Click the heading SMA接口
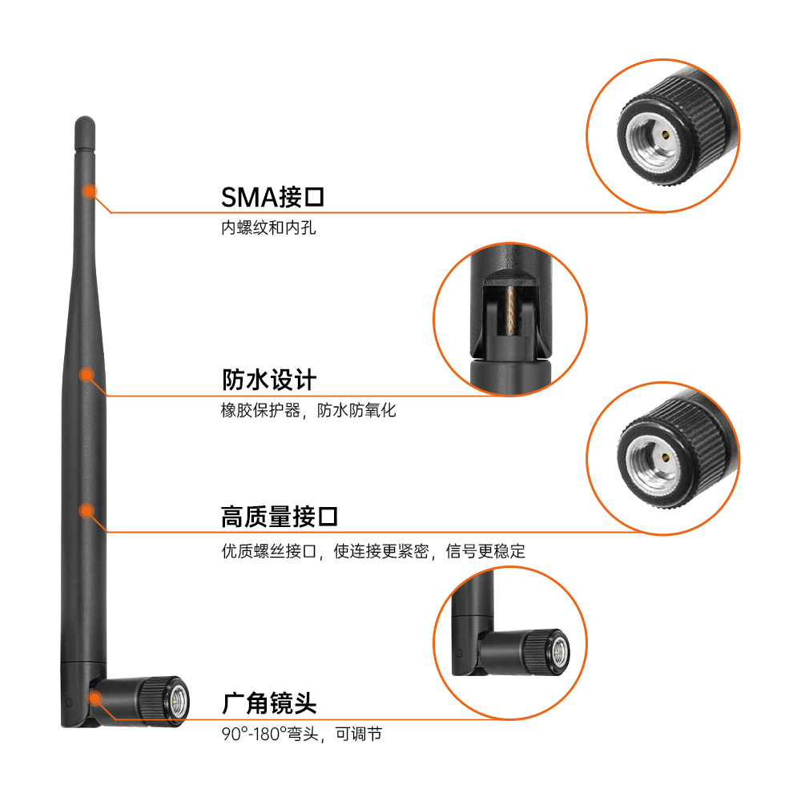click(273, 197)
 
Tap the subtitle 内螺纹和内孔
click(268, 227)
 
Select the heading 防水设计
click(269, 380)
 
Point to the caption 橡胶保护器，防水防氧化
click(308, 410)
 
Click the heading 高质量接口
click(280, 517)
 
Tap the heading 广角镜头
click(269, 704)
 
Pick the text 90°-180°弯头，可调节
click(302, 734)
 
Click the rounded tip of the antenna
click(85, 123)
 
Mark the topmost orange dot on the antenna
click(90, 191)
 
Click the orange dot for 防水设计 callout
click(87, 375)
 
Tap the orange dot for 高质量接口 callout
click(87, 511)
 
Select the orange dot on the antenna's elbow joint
click(95, 698)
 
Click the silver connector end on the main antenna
click(178, 701)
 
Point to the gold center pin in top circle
click(665, 135)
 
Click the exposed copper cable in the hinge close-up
click(510, 310)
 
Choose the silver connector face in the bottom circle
click(561, 652)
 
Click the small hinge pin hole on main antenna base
click(69, 703)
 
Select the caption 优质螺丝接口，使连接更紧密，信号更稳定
click(373, 551)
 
